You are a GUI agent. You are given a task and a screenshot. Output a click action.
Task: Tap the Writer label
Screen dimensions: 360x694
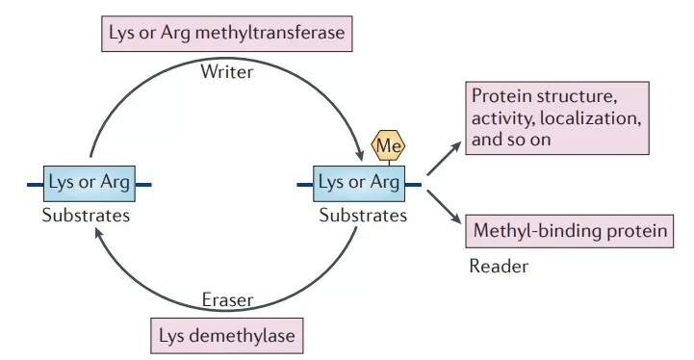point(228,71)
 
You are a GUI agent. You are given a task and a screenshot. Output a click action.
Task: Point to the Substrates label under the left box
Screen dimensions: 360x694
point(86,216)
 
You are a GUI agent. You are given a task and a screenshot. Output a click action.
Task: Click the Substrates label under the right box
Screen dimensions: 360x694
point(363,216)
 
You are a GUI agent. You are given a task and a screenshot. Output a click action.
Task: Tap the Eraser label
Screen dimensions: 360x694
point(227,300)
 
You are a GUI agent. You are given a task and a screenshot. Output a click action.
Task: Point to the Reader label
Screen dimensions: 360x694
point(499,267)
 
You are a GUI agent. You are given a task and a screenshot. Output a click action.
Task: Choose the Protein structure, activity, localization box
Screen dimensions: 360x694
point(554,117)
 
